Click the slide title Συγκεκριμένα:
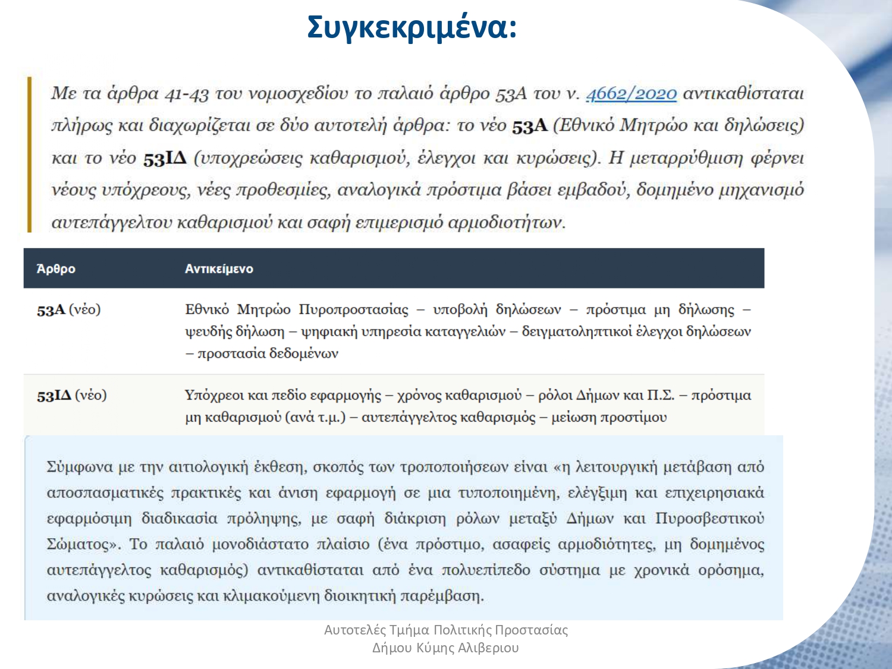[x=412, y=27]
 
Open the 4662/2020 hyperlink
[x=632, y=93]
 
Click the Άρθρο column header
[x=56, y=269]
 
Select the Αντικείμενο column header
[x=219, y=269]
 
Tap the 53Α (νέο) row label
[x=69, y=310]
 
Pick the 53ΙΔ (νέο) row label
[x=72, y=395]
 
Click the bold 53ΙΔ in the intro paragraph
[x=165, y=159]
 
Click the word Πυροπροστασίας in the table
[x=354, y=310]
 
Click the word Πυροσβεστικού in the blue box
[x=709, y=519]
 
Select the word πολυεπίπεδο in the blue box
[x=485, y=570]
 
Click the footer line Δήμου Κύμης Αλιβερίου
[x=445, y=648]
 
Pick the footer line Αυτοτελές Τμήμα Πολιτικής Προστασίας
[x=446, y=630]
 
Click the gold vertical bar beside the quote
[x=29, y=155]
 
